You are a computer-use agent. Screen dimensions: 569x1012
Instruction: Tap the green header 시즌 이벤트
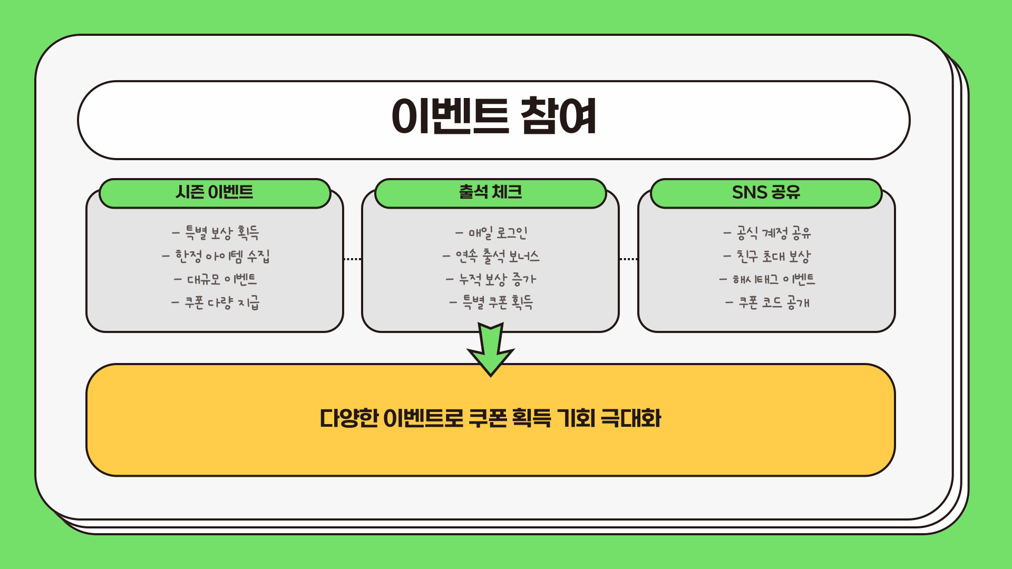pyautogui.click(x=215, y=192)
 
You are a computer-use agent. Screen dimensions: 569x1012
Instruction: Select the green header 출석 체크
pyautogui.click(x=490, y=192)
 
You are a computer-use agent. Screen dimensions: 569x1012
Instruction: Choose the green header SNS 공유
pyautogui.click(x=766, y=192)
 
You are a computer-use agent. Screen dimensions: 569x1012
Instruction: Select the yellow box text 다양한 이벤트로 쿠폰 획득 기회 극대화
pyautogui.click(x=490, y=419)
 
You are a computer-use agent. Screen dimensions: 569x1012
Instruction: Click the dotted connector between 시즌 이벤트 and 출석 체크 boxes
pyautogui.click(x=352, y=259)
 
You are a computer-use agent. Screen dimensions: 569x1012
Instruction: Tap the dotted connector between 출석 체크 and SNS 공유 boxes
pyautogui.click(x=628, y=259)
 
